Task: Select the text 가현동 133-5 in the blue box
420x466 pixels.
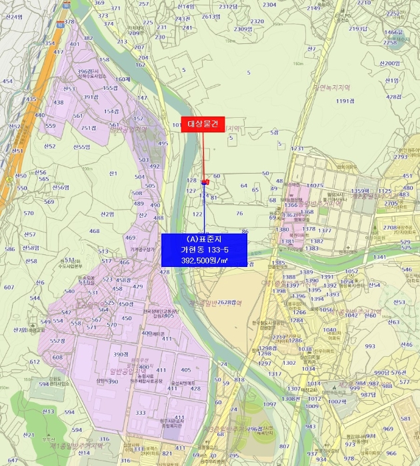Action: click(204, 249)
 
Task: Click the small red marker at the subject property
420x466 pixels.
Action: click(205, 181)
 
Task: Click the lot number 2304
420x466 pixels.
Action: click(269, 5)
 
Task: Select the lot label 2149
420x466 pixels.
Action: click(313, 9)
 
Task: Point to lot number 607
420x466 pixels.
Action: click(9, 288)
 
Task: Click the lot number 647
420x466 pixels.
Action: click(13, 461)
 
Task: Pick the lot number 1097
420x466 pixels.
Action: click(269, 404)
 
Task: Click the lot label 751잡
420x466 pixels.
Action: click(89, 128)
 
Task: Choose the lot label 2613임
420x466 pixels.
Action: click(211, 17)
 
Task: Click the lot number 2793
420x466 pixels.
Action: click(401, 157)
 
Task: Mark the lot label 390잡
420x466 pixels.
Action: click(121, 354)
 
